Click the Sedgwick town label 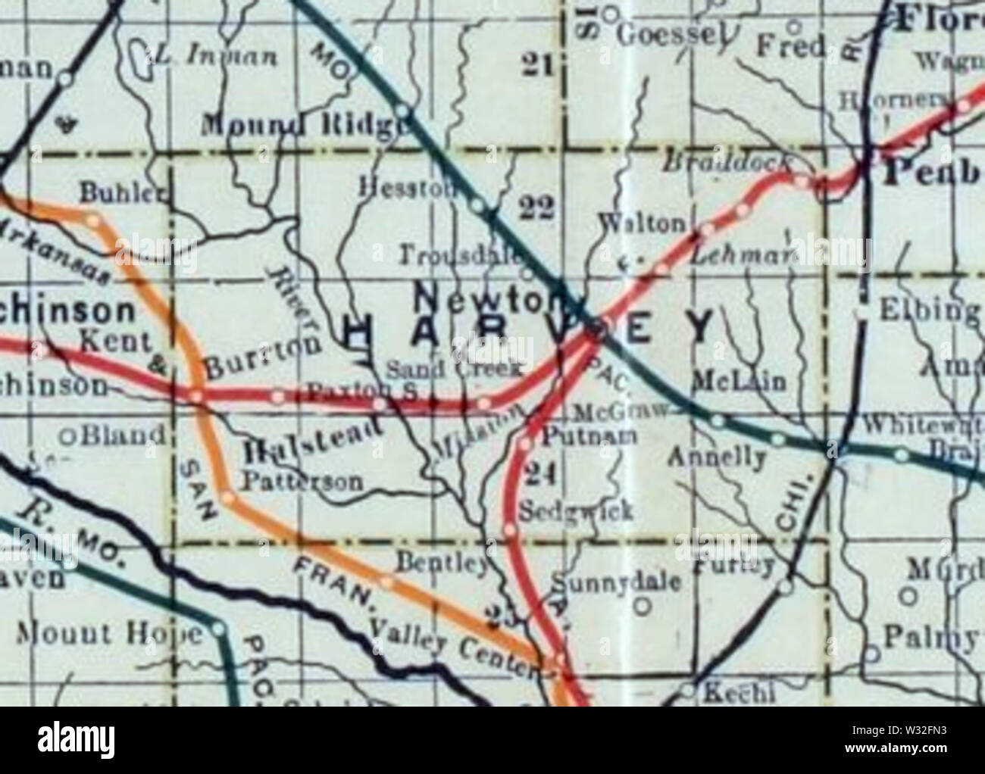(577, 511)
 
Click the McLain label (740, 379)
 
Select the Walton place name (642, 223)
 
